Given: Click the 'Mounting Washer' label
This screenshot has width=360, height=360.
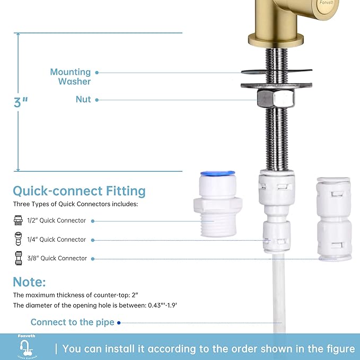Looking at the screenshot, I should tap(70, 76).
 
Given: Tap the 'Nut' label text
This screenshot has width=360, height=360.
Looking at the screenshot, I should tap(83, 99).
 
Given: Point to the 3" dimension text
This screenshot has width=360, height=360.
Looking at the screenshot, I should tap(21, 102).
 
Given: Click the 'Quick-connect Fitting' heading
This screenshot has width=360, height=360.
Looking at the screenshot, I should tap(79, 190).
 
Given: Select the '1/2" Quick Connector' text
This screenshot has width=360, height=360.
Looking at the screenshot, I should tap(57, 221).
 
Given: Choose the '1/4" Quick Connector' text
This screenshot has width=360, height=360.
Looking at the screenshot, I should tap(57, 240).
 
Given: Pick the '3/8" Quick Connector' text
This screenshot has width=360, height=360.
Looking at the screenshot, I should tap(57, 258).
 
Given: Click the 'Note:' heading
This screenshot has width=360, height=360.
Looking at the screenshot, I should tap(29, 282).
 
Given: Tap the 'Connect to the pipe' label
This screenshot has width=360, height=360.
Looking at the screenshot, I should tap(72, 322).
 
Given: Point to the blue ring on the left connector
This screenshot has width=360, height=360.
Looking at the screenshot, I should tap(218, 173).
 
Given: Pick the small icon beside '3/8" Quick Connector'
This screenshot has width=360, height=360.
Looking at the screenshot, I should tap(17, 258).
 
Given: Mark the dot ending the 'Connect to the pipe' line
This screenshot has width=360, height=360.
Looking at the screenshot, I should tap(119, 322).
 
